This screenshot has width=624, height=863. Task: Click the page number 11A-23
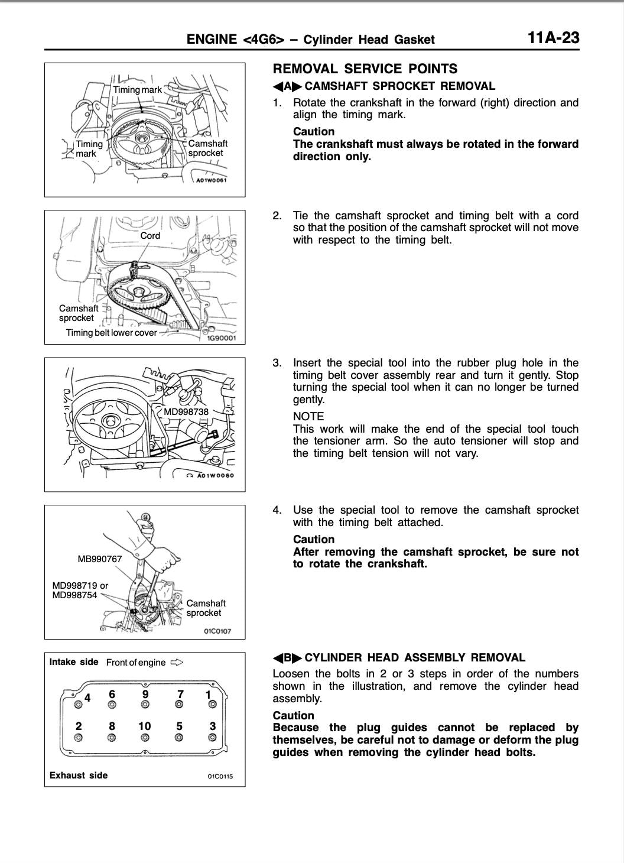(553, 38)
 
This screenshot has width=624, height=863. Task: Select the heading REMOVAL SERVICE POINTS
(365, 69)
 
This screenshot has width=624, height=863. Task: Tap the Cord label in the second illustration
(150, 235)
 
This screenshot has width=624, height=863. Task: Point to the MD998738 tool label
(186, 411)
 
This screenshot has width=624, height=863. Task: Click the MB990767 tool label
(100, 559)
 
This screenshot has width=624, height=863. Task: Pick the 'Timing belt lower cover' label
(111, 333)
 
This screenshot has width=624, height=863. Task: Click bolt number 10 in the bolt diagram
(145, 726)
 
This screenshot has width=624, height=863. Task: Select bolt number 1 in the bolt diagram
(209, 695)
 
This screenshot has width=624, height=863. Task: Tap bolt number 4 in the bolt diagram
(87, 697)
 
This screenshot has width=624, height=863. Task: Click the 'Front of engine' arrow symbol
(177, 662)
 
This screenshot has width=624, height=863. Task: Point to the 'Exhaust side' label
(79, 775)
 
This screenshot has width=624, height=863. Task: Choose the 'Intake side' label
(74, 661)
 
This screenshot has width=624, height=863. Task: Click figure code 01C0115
(220, 776)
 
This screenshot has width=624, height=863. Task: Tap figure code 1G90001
(221, 339)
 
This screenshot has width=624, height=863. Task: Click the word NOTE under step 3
(308, 416)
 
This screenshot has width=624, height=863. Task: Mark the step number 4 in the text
(277, 510)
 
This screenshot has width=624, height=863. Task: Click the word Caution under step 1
(314, 131)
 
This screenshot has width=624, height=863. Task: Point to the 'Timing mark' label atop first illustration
(137, 90)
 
